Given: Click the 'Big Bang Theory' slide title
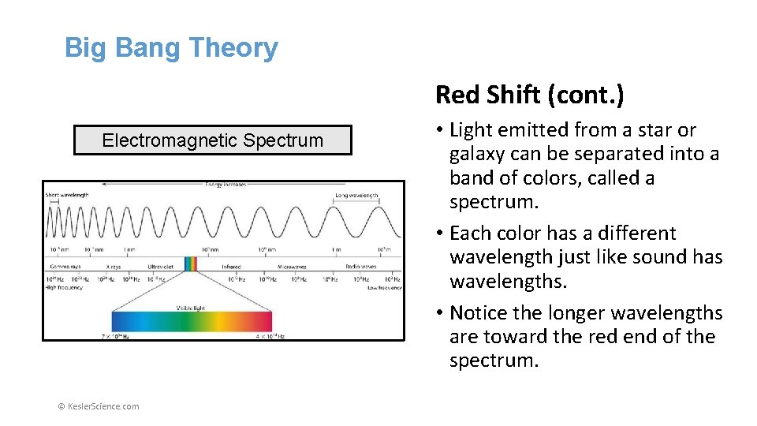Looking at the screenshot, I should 171,48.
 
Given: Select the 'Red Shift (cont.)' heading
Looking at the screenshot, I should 529,95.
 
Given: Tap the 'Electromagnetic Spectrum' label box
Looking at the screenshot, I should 212,140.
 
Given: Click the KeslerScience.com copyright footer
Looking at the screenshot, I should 99,406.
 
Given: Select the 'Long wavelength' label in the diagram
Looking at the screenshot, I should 356,195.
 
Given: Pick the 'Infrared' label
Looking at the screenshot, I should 231,267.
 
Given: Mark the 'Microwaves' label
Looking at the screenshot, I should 291,267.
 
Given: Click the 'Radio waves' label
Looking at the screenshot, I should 364,267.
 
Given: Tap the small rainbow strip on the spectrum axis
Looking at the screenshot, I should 190,263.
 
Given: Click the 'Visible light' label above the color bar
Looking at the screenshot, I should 191,308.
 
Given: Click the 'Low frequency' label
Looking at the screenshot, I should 383,287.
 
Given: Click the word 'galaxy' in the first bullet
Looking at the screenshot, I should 479,154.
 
